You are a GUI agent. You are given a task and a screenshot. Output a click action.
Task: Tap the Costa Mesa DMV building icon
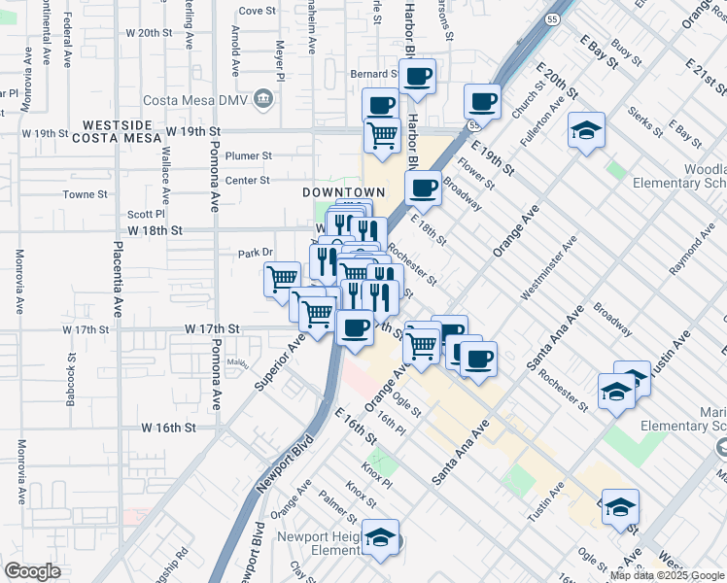click(263, 98)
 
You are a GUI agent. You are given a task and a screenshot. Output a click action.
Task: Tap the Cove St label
click(258, 12)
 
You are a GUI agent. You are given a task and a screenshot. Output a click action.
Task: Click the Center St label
click(247, 181)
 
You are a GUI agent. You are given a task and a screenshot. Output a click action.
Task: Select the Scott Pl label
click(147, 215)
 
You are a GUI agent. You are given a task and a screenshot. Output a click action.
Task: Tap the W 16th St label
click(168, 428)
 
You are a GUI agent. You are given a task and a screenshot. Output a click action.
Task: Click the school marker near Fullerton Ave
click(587, 131)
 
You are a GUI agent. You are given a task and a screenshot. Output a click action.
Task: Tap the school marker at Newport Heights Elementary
click(381, 537)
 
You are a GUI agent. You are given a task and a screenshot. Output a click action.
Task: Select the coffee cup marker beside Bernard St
click(418, 76)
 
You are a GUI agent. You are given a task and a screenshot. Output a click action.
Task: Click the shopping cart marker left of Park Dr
click(283, 279)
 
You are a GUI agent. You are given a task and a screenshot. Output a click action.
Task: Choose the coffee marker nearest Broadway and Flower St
click(423, 188)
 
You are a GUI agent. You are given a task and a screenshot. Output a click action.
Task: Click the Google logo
click(33, 571)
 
